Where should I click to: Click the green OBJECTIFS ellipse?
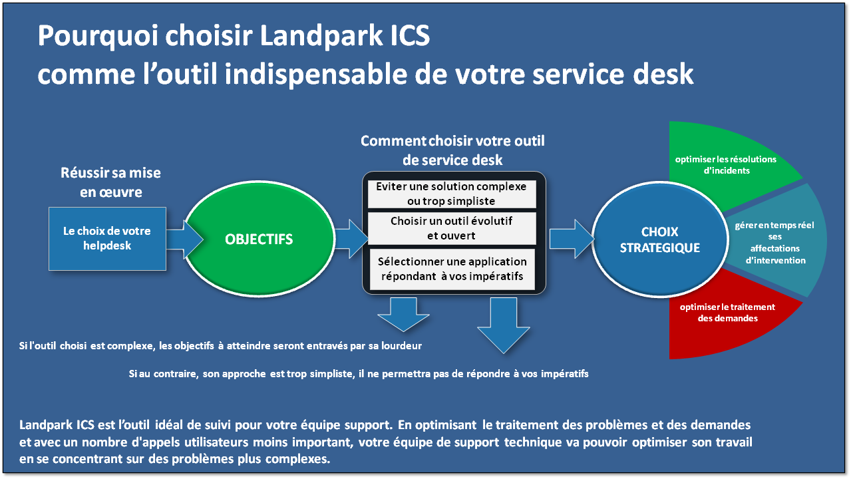click(259, 239)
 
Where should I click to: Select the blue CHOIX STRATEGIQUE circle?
click(660, 239)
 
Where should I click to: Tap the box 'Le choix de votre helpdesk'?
click(107, 239)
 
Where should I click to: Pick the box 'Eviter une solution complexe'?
click(451, 194)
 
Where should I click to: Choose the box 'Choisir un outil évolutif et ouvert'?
click(451, 228)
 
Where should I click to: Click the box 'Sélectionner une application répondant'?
click(452, 269)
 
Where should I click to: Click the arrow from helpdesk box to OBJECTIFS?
click(184, 239)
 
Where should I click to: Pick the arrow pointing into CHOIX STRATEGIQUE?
click(572, 239)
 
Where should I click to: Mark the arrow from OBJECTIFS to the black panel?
click(351, 239)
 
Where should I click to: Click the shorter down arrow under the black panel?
click(403, 314)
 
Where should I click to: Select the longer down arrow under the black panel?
click(504, 325)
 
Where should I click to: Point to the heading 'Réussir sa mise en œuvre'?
click(111, 182)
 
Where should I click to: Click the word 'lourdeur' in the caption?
click(402, 346)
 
